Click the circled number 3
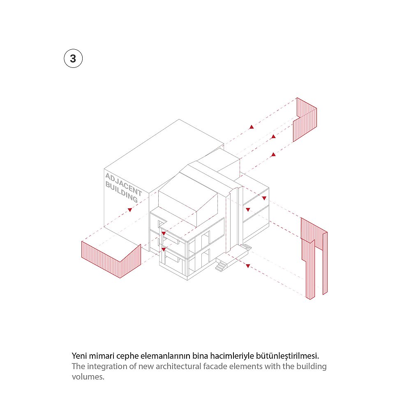coord(73,58)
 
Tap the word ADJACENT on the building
coord(123,185)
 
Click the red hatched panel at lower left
coord(111,259)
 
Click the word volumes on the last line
coord(88,376)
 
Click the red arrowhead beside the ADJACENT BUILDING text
coord(130,210)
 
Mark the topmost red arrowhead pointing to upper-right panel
coord(252,127)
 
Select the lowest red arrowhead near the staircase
coord(248,266)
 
